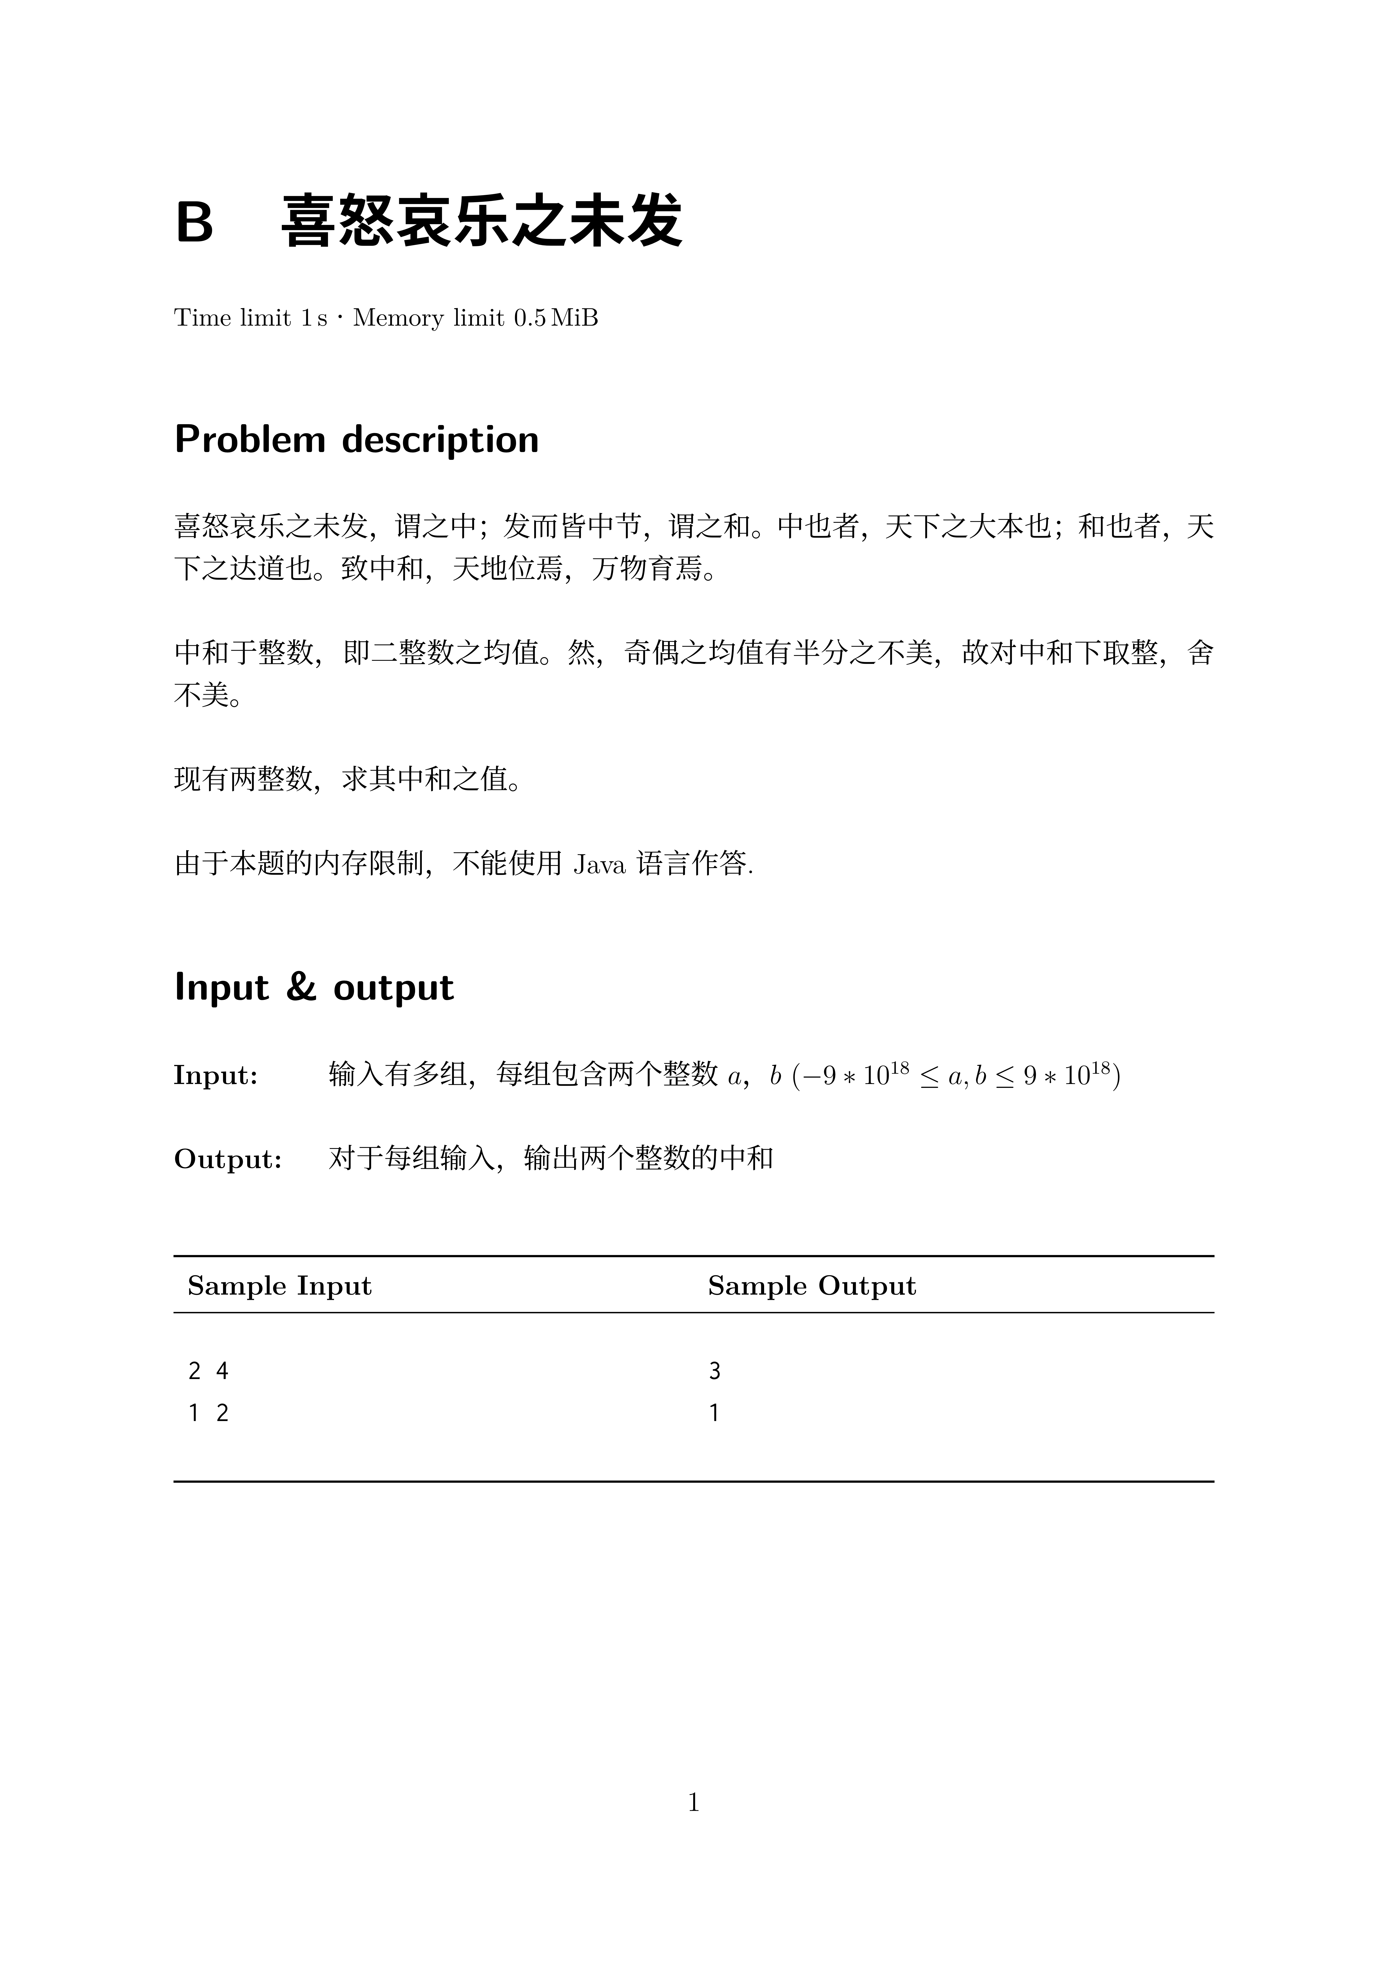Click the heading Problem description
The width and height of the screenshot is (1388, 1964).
[x=357, y=440]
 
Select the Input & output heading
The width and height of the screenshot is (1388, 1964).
[x=314, y=987]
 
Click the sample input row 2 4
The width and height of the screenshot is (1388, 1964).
[x=208, y=1371]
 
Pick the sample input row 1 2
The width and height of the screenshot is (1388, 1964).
[x=208, y=1413]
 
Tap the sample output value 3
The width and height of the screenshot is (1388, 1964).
[x=714, y=1371]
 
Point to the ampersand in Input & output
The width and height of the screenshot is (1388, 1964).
[x=301, y=987]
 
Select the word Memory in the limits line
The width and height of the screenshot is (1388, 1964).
[x=399, y=318]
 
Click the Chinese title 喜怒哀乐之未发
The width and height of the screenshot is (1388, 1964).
[x=481, y=222]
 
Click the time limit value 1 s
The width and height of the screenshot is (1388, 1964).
[x=313, y=318]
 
